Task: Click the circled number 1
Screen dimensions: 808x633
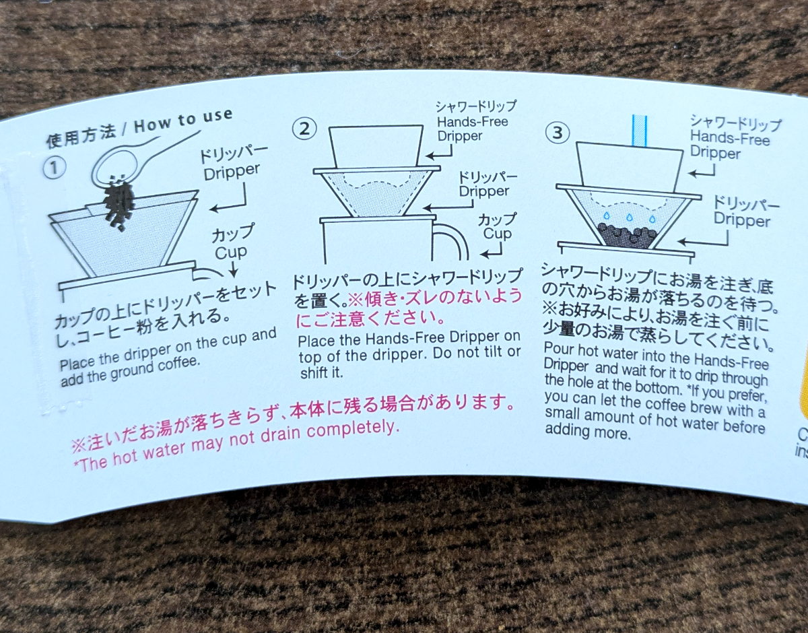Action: point(55,169)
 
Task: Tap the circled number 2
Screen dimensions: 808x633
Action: point(304,129)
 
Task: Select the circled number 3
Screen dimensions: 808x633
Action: point(558,133)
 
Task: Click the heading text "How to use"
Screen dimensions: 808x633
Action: point(183,121)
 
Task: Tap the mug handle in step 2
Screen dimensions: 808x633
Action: point(450,241)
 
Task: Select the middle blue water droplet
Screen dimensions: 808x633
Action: point(629,217)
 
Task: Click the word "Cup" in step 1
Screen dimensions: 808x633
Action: point(230,253)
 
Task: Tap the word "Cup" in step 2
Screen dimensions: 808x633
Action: point(497,234)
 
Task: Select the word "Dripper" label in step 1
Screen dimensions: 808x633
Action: point(231,172)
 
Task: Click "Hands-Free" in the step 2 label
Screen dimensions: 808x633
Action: point(473,122)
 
